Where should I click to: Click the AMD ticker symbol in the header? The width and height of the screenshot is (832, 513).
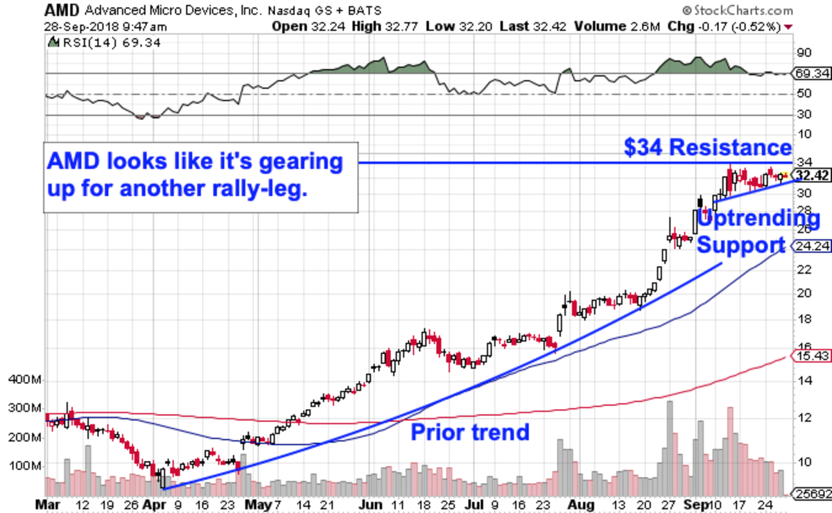tap(60, 10)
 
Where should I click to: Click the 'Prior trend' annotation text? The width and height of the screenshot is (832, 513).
tap(470, 433)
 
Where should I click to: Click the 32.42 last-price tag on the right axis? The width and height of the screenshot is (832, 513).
tap(804, 176)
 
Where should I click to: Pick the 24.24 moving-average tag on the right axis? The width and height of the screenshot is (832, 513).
tap(804, 245)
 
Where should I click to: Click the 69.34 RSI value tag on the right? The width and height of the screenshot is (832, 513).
tap(804, 73)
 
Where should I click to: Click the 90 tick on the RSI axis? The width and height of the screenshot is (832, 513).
tap(804, 53)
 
